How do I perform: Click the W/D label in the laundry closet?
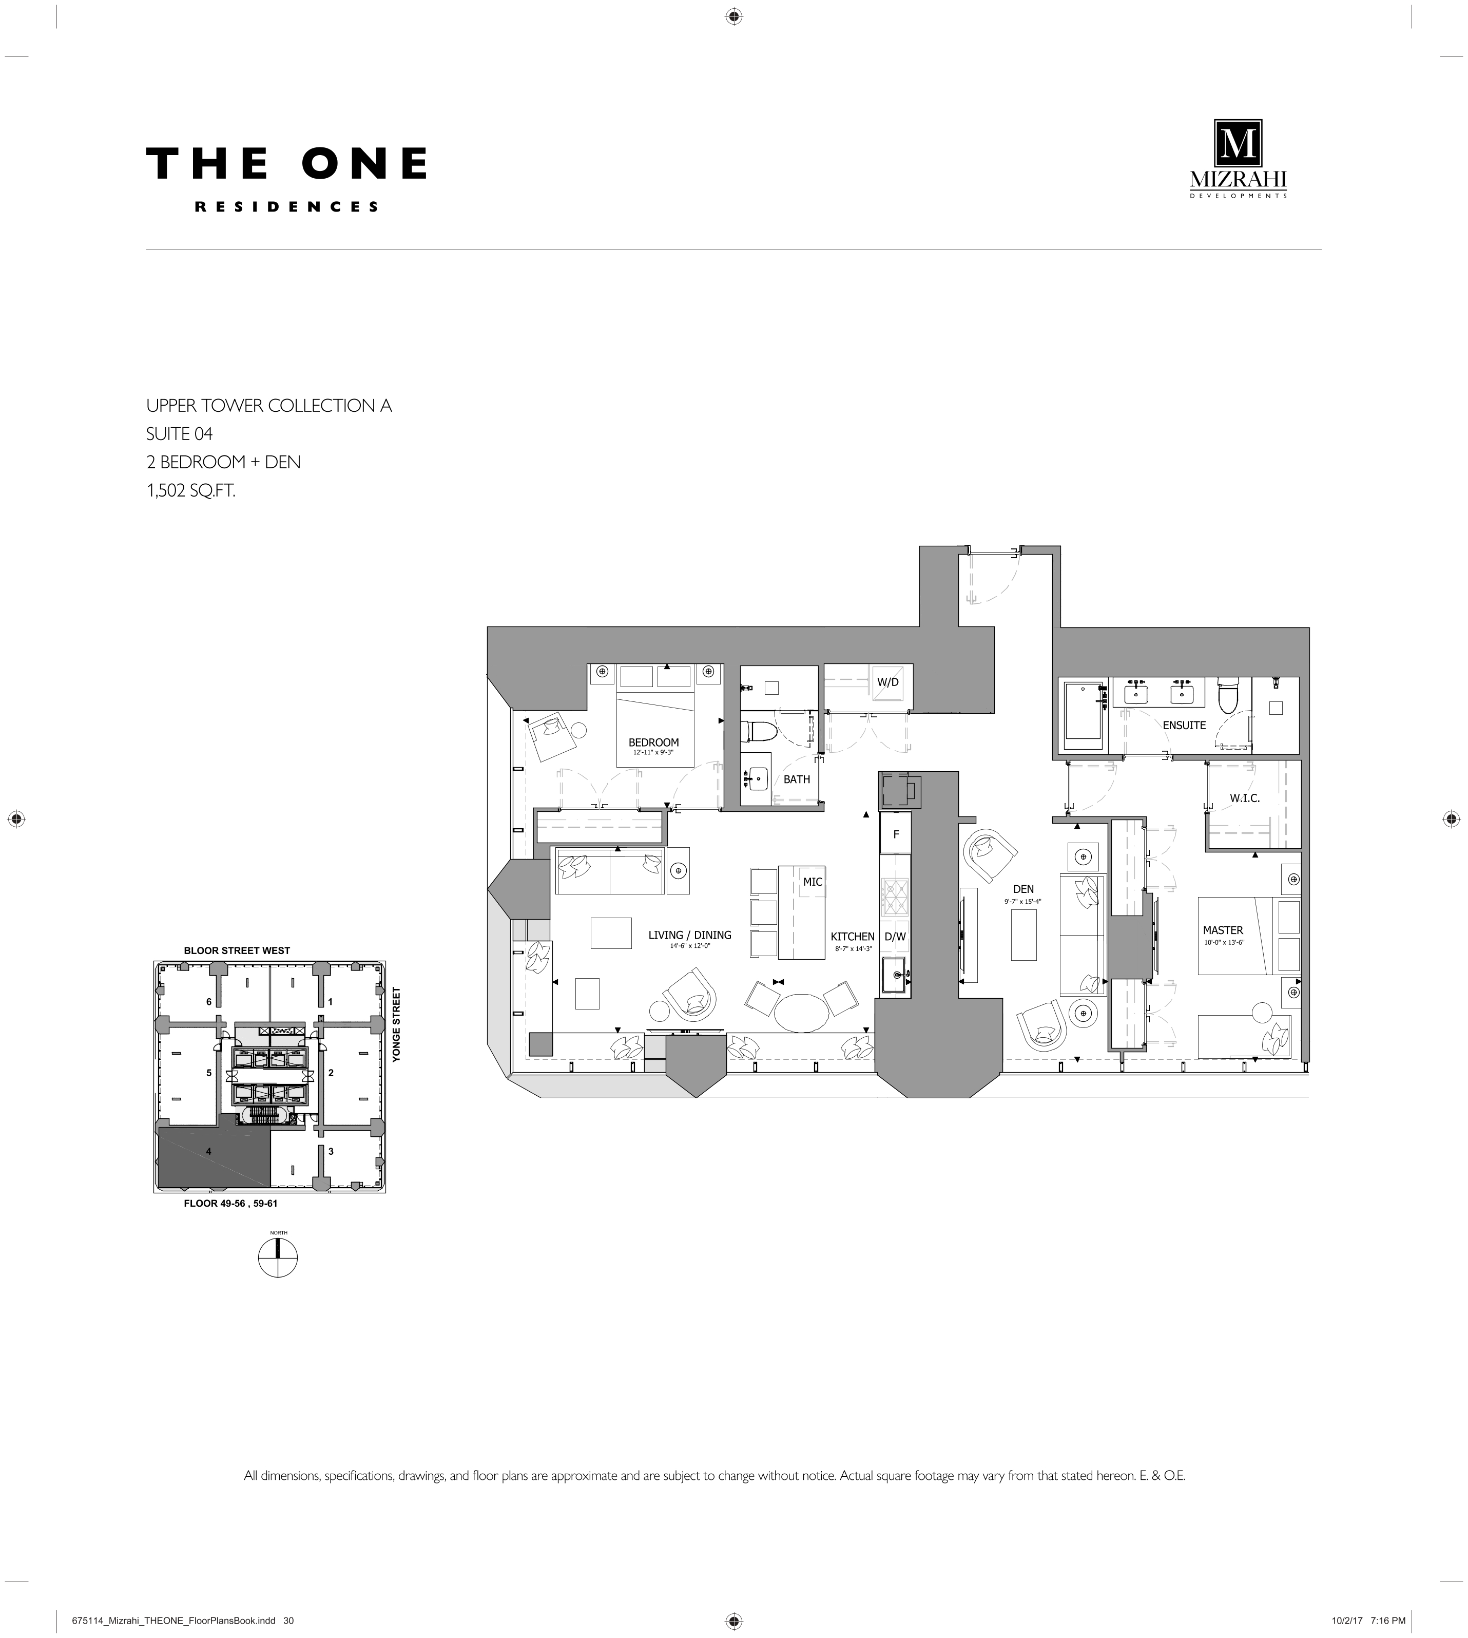[x=887, y=682]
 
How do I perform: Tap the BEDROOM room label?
[x=653, y=742]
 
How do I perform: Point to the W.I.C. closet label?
[x=1245, y=798]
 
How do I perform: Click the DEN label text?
[x=1023, y=889]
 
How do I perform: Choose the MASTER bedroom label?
[x=1223, y=930]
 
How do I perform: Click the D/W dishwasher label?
[x=895, y=937]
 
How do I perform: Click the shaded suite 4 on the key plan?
[x=213, y=1156]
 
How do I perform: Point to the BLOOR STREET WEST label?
[x=237, y=950]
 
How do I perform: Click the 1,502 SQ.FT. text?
[x=191, y=490]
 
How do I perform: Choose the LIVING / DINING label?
[x=690, y=935]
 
